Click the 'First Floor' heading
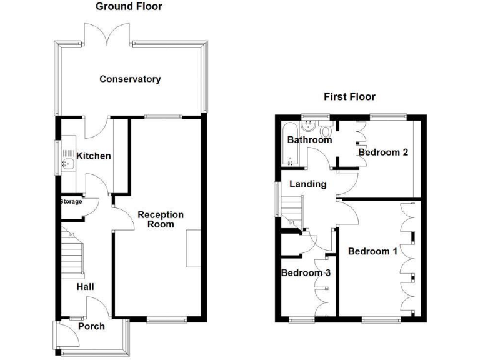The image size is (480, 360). click(x=349, y=97)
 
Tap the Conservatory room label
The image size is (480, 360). click(x=130, y=79)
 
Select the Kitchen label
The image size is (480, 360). click(x=94, y=156)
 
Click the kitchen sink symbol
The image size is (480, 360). click(x=68, y=165)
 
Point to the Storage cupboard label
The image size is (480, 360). click(x=71, y=201)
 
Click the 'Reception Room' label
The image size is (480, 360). click(x=161, y=219)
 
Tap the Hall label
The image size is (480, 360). click(x=86, y=287)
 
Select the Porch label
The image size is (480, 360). click(x=91, y=326)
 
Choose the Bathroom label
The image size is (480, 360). click(x=309, y=140)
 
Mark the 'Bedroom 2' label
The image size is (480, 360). click(x=383, y=152)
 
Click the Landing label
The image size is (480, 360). click(x=307, y=184)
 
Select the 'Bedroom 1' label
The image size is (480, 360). click(x=372, y=252)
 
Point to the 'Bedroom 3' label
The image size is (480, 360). click(x=306, y=273)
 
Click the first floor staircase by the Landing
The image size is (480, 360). click(x=292, y=211)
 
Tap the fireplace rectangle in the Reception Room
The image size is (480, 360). click(x=193, y=249)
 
